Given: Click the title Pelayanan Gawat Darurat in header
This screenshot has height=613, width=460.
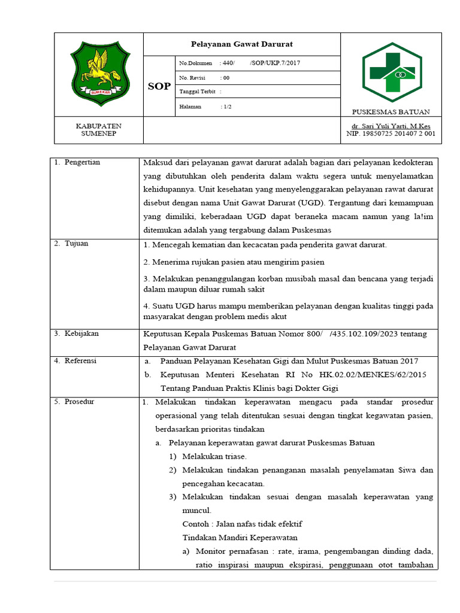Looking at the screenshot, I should (241, 44).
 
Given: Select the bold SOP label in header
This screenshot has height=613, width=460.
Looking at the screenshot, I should (159, 87).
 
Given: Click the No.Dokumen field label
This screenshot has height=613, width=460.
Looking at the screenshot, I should (196, 63).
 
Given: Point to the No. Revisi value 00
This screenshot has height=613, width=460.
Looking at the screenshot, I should (226, 78).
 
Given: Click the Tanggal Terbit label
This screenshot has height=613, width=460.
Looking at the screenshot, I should (198, 92).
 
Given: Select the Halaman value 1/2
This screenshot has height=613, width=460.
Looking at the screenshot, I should (227, 107).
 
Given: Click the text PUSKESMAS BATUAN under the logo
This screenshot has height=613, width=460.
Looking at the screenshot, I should (391, 112).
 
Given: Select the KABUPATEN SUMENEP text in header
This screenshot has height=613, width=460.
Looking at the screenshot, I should (98, 130).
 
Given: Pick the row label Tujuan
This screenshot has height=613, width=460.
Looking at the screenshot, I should (77, 244).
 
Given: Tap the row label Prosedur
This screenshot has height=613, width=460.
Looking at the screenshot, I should (80, 402).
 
